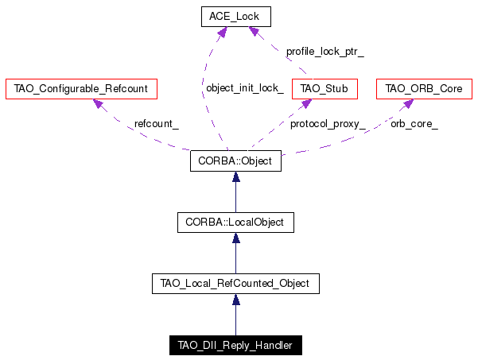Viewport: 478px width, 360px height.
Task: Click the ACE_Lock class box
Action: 236,17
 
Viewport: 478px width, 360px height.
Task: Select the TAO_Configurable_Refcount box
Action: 81,89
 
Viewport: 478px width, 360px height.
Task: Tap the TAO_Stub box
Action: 324,89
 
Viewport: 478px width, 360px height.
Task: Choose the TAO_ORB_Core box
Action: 424,89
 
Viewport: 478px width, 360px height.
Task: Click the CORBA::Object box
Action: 235,161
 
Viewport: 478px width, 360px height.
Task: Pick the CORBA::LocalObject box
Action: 235,223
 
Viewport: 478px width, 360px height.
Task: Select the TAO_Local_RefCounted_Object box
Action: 235,284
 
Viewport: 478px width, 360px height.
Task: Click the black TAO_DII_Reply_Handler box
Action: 235,346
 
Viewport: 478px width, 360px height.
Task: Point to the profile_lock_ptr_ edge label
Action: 325,52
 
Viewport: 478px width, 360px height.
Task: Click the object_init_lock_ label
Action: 245,88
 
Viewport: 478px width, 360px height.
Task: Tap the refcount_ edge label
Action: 157,124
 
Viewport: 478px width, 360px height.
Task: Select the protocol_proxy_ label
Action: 328,124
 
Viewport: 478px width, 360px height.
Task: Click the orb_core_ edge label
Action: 414,124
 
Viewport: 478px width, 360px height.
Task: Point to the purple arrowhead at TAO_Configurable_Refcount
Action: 98,103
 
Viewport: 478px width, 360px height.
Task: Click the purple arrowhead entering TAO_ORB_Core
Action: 408,103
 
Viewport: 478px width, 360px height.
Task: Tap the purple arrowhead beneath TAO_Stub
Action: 306,103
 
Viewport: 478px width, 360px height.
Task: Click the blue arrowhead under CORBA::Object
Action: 236,176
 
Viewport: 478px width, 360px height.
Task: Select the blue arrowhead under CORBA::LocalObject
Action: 236,238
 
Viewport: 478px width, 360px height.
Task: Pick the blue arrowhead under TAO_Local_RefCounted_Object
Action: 236,300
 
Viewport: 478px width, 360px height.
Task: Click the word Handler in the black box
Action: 274,346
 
